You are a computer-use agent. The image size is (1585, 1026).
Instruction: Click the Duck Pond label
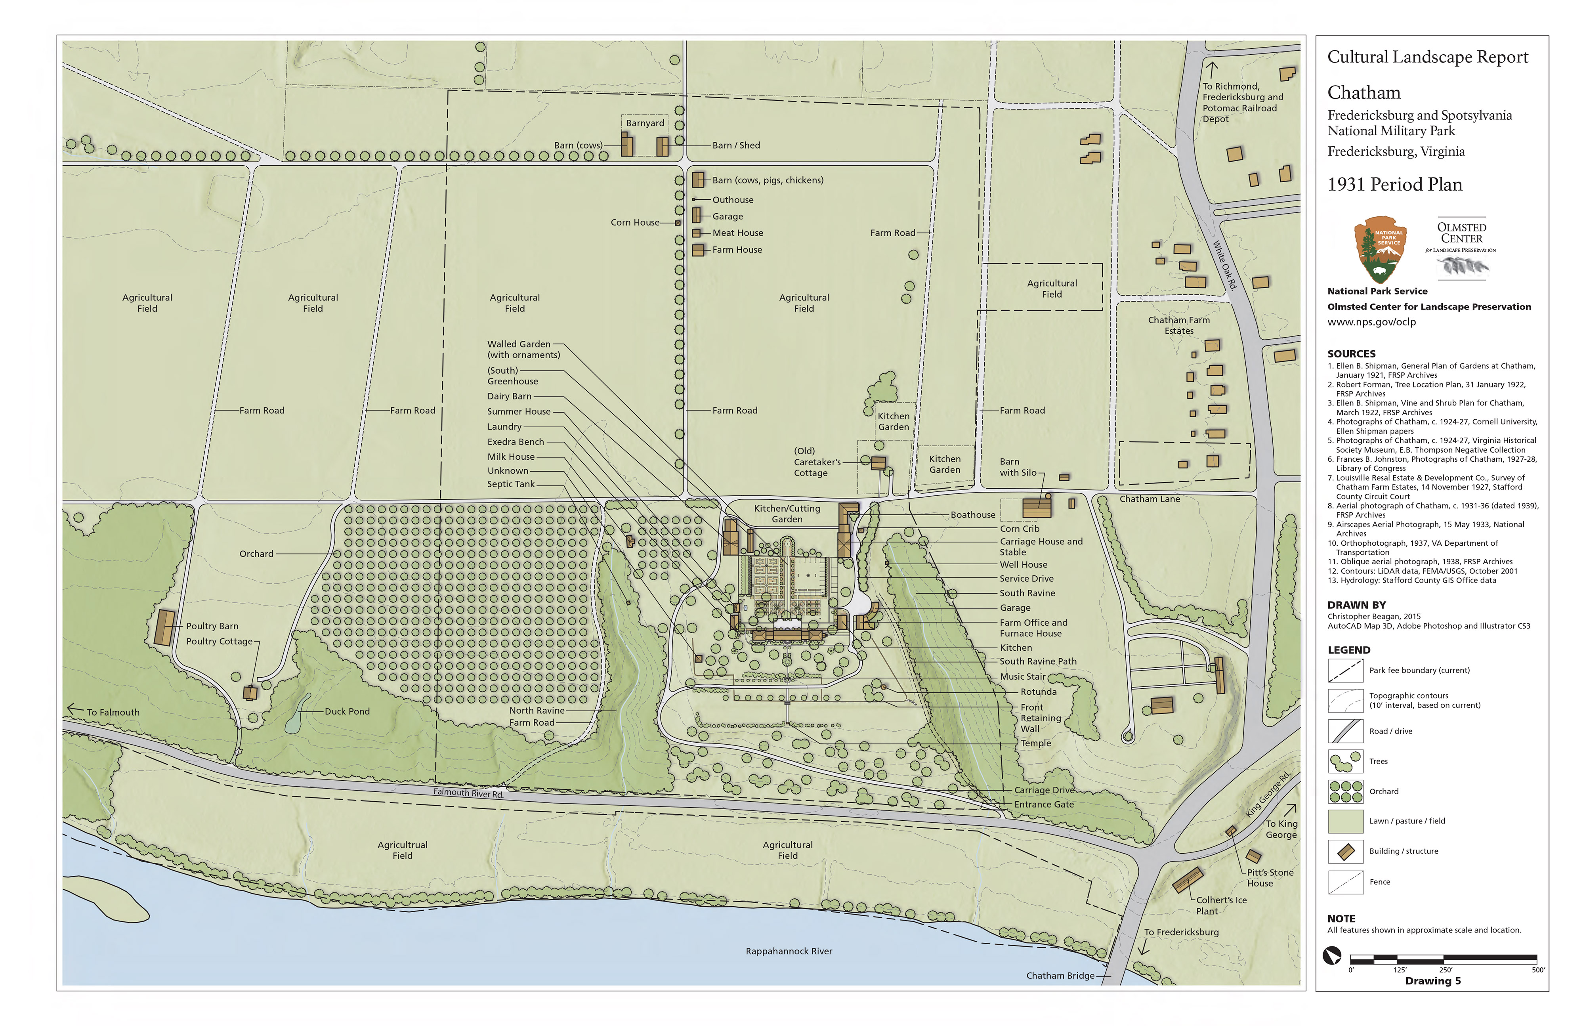(347, 711)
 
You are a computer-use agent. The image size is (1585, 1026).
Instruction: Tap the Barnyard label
(645, 123)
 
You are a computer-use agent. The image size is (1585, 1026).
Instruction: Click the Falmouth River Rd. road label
(468, 793)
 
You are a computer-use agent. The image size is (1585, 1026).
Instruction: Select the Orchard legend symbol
(1345, 791)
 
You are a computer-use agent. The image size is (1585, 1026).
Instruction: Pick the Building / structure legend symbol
(1345, 852)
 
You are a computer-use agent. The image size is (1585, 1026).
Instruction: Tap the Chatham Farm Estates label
(1179, 325)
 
